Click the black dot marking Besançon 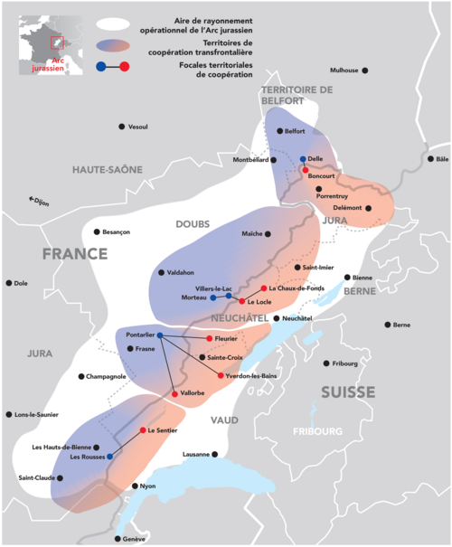[x=99, y=231]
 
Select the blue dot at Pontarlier [x=160, y=335]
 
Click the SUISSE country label [x=347, y=392]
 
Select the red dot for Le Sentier [x=143, y=430]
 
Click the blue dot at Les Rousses [x=109, y=457]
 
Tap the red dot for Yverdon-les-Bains [x=221, y=374]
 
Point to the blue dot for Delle [x=303, y=159]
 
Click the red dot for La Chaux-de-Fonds [x=263, y=288]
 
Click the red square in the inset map [x=58, y=42]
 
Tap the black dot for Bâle [x=429, y=158]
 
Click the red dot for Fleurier [x=210, y=338]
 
